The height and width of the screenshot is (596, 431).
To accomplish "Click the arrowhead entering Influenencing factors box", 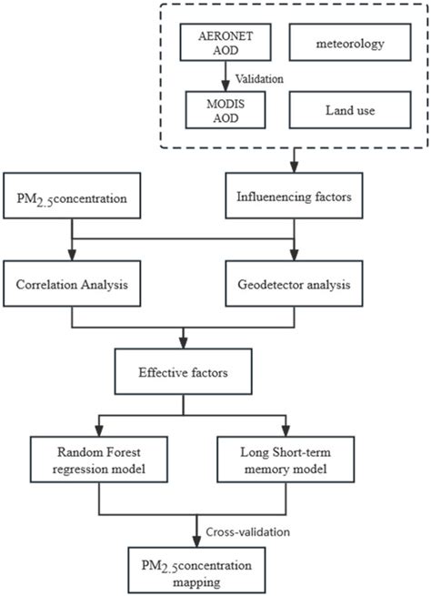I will point(293,167).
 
